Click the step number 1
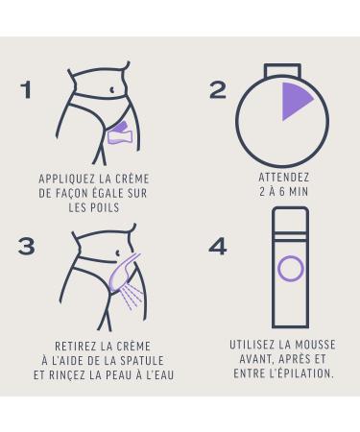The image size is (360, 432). pyautogui.click(x=26, y=89)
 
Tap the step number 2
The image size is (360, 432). pyautogui.click(x=218, y=89)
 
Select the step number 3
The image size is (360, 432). pyautogui.click(x=26, y=247)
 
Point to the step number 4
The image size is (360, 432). pyautogui.click(x=218, y=247)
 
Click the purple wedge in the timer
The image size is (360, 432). pyautogui.click(x=294, y=100)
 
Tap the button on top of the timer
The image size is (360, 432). pyautogui.click(x=282, y=70)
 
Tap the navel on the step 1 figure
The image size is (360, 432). pyautogui.click(x=111, y=90)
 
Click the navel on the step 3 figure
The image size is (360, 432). pyautogui.click(x=118, y=253)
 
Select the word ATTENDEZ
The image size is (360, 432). pyautogui.click(x=284, y=178)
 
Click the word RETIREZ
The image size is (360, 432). pyautogui.click(x=75, y=347)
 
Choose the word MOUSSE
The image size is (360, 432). pyautogui.click(x=315, y=345)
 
